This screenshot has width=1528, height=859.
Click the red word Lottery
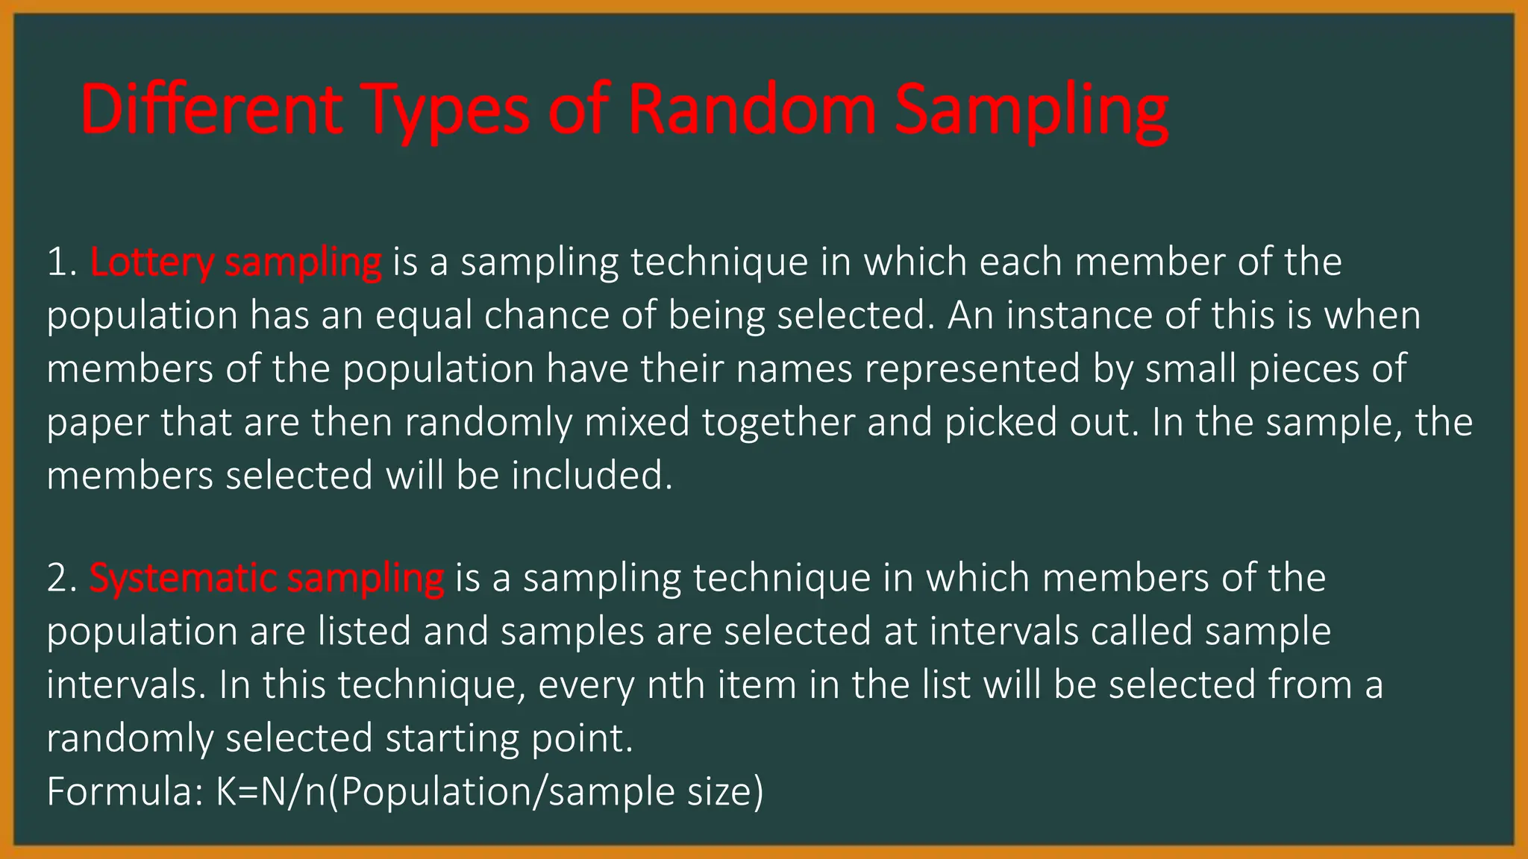[151, 262]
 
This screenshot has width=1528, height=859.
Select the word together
[778, 424]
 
